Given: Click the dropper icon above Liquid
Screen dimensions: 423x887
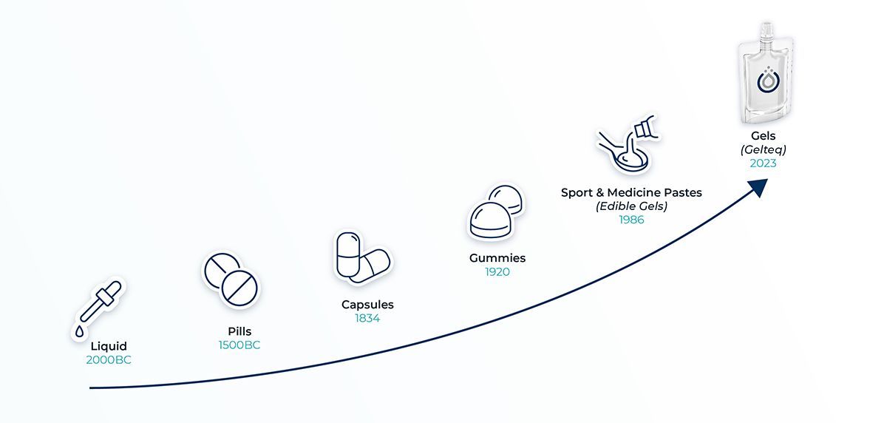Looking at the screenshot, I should click(98, 306).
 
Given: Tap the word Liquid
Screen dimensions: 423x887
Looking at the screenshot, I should click(109, 346).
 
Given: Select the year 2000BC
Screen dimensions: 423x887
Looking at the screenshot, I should click(109, 360).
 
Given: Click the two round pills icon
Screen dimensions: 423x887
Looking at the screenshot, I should click(231, 280).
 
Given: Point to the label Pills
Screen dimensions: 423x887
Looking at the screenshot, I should click(239, 331).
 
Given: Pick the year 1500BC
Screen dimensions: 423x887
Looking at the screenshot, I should click(239, 345).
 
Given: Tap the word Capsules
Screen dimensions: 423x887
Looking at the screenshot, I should click(367, 305).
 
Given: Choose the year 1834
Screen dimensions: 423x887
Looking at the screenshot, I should click(367, 319).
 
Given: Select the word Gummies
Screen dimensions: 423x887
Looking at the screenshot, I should click(497, 258).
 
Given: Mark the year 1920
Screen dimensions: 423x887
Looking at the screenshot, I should click(497, 272).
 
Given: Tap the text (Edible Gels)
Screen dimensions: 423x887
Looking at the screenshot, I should click(631, 206).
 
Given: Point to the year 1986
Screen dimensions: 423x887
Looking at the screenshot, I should click(631, 220).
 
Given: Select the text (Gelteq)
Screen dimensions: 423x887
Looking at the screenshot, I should click(764, 149).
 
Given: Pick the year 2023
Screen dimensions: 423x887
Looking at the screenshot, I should click(764, 163).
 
